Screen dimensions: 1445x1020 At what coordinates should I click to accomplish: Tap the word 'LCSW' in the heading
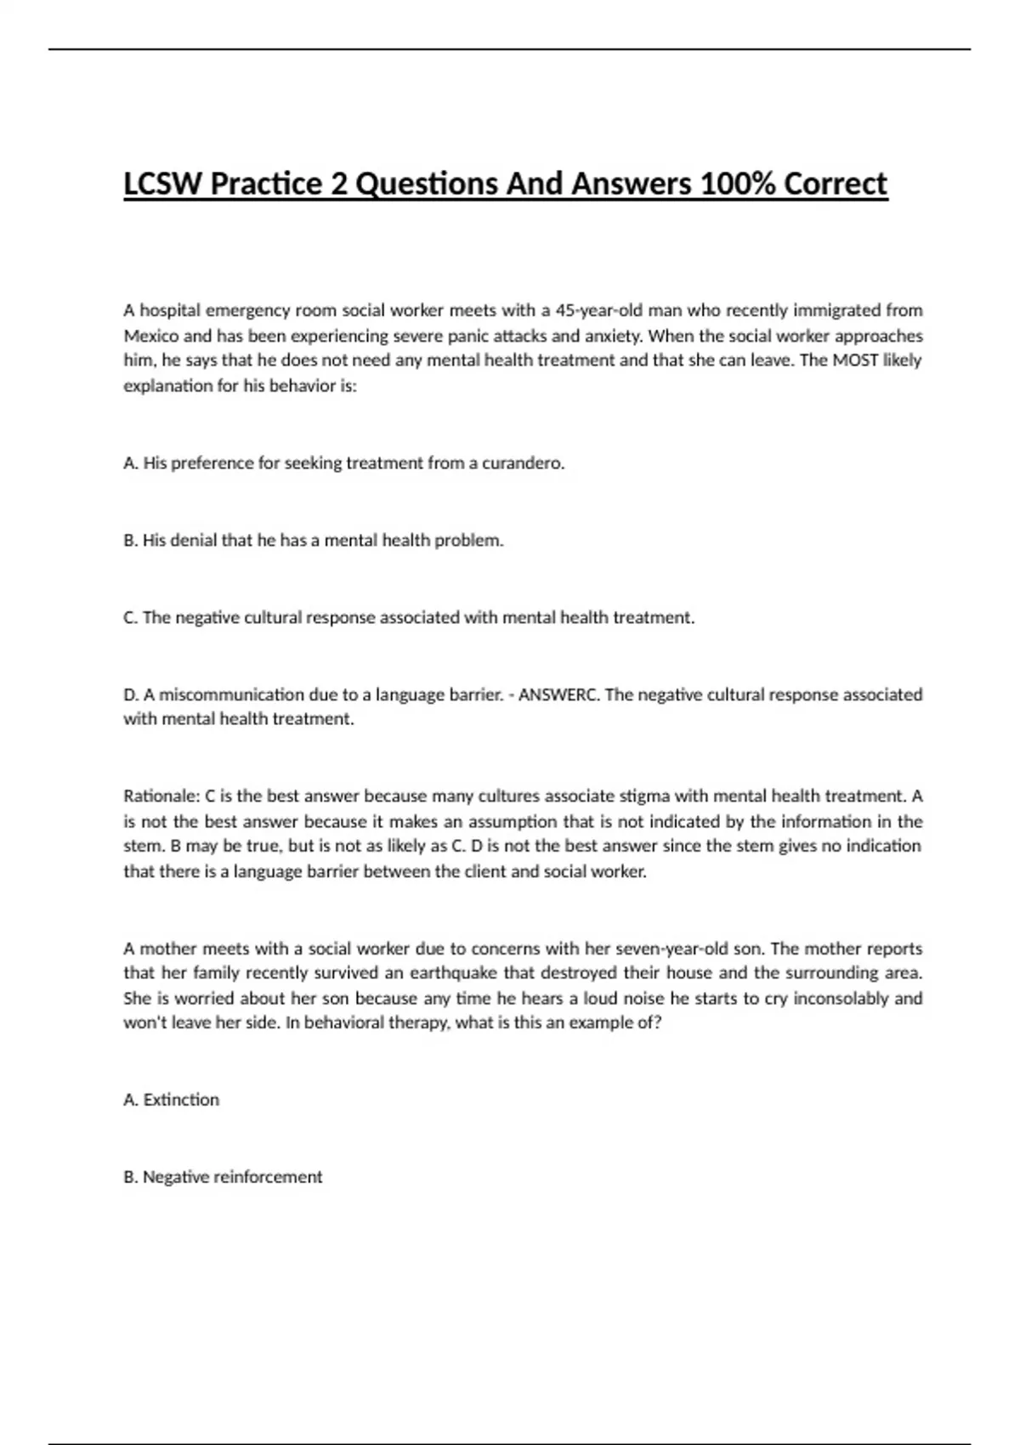[x=163, y=184]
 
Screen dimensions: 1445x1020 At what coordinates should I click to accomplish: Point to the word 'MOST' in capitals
[x=855, y=360]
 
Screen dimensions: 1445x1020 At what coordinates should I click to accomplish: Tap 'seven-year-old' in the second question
[x=671, y=949]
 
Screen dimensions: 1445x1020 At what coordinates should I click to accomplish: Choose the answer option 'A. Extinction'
[x=172, y=1100]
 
